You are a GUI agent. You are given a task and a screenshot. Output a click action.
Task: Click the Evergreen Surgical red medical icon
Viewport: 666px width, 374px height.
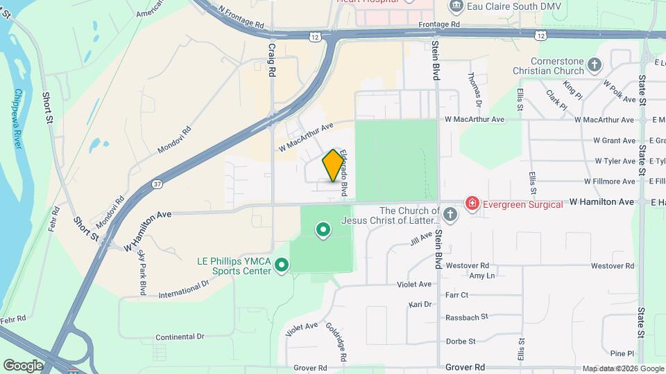coord(472,203)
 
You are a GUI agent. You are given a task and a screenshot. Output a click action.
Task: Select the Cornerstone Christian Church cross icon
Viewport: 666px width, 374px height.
coord(594,65)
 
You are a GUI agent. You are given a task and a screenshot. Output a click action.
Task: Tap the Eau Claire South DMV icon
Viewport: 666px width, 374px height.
coord(457,7)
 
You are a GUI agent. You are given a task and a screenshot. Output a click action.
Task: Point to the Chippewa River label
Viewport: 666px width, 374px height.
coord(19,117)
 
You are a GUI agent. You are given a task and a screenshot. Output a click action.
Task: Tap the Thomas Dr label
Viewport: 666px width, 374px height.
coord(475,91)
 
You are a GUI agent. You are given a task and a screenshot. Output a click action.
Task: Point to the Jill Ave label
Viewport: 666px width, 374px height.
coord(421,240)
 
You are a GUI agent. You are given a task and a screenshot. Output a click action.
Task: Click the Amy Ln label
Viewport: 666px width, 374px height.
coord(481,276)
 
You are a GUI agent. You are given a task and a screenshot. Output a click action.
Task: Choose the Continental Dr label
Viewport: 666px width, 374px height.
coord(180,337)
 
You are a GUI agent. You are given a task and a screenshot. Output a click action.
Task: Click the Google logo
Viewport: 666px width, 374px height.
coord(24,365)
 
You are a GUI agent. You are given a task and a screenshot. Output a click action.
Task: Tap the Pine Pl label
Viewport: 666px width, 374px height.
coord(622,353)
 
